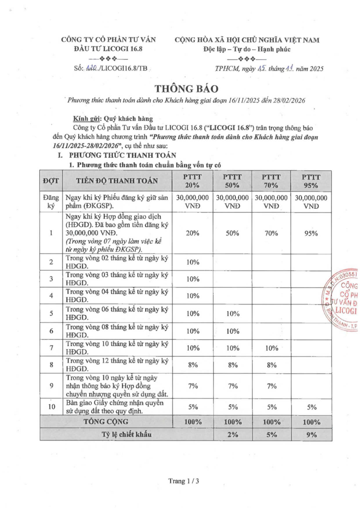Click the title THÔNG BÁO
tap(186, 88)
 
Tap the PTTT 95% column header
tap(311, 181)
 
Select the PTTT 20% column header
tap(192, 181)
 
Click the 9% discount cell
tap(311, 434)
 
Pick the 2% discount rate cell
tap(233, 434)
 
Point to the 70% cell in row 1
tap(271, 233)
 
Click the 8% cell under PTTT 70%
tap(272, 365)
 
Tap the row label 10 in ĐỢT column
tap(51, 407)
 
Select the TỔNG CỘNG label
tap(106, 422)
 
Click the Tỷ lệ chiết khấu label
tap(126, 434)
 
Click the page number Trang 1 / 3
tap(184, 481)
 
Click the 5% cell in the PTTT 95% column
tap(312, 407)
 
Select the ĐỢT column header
tap(51, 181)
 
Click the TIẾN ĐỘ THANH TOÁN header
tap(117, 181)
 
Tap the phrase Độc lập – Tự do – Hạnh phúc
tap(247, 49)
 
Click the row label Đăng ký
tap(51, 202)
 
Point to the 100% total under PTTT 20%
tap(193, 422)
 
